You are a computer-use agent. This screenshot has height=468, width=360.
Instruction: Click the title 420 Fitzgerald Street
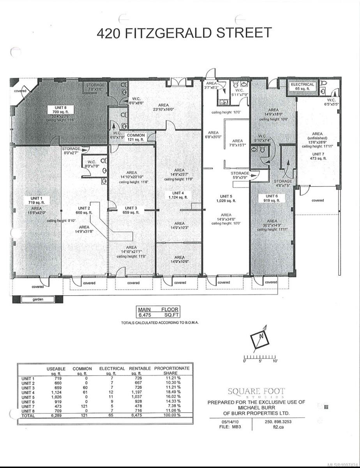[x=184, y=33]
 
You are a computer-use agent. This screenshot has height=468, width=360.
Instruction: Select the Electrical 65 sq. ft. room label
[x=302, y=87]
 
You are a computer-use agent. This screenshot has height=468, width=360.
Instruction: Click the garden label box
[x=38, y=300]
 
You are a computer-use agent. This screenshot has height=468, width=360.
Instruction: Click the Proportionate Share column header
[x=172, y=370]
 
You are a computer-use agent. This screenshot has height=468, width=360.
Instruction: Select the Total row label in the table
[x=28, y=416]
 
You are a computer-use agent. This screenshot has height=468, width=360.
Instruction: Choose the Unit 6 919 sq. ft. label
[x=271, y=198]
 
